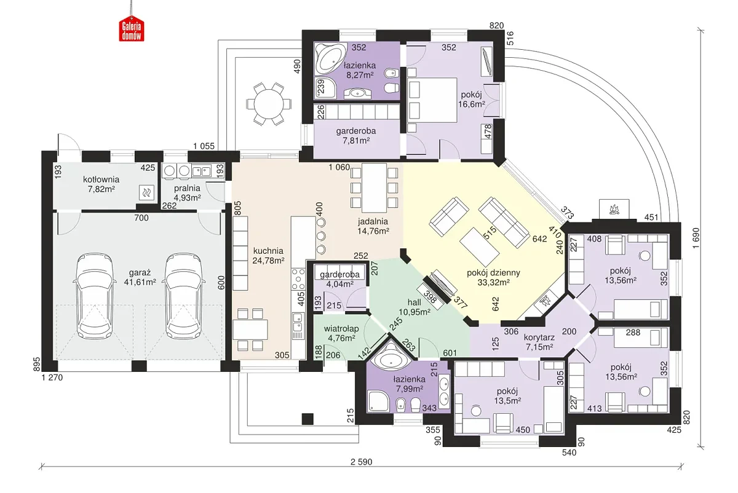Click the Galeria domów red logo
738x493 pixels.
coord(131,29)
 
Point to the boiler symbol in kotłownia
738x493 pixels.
coord(147,193)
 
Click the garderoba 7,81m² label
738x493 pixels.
coord(356,135)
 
